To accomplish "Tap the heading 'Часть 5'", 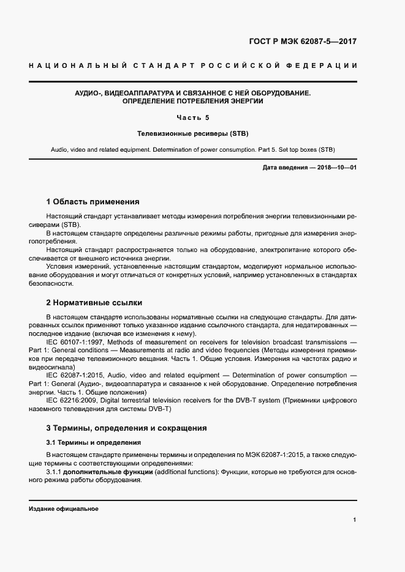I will [193, 117].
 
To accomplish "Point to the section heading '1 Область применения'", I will [93, 201].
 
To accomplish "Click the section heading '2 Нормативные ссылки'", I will [93, 302].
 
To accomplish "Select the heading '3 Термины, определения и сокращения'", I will [126, 428].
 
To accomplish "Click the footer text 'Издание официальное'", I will [64, 509].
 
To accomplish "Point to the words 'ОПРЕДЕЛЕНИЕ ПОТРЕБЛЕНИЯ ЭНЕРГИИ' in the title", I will [193, 101].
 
